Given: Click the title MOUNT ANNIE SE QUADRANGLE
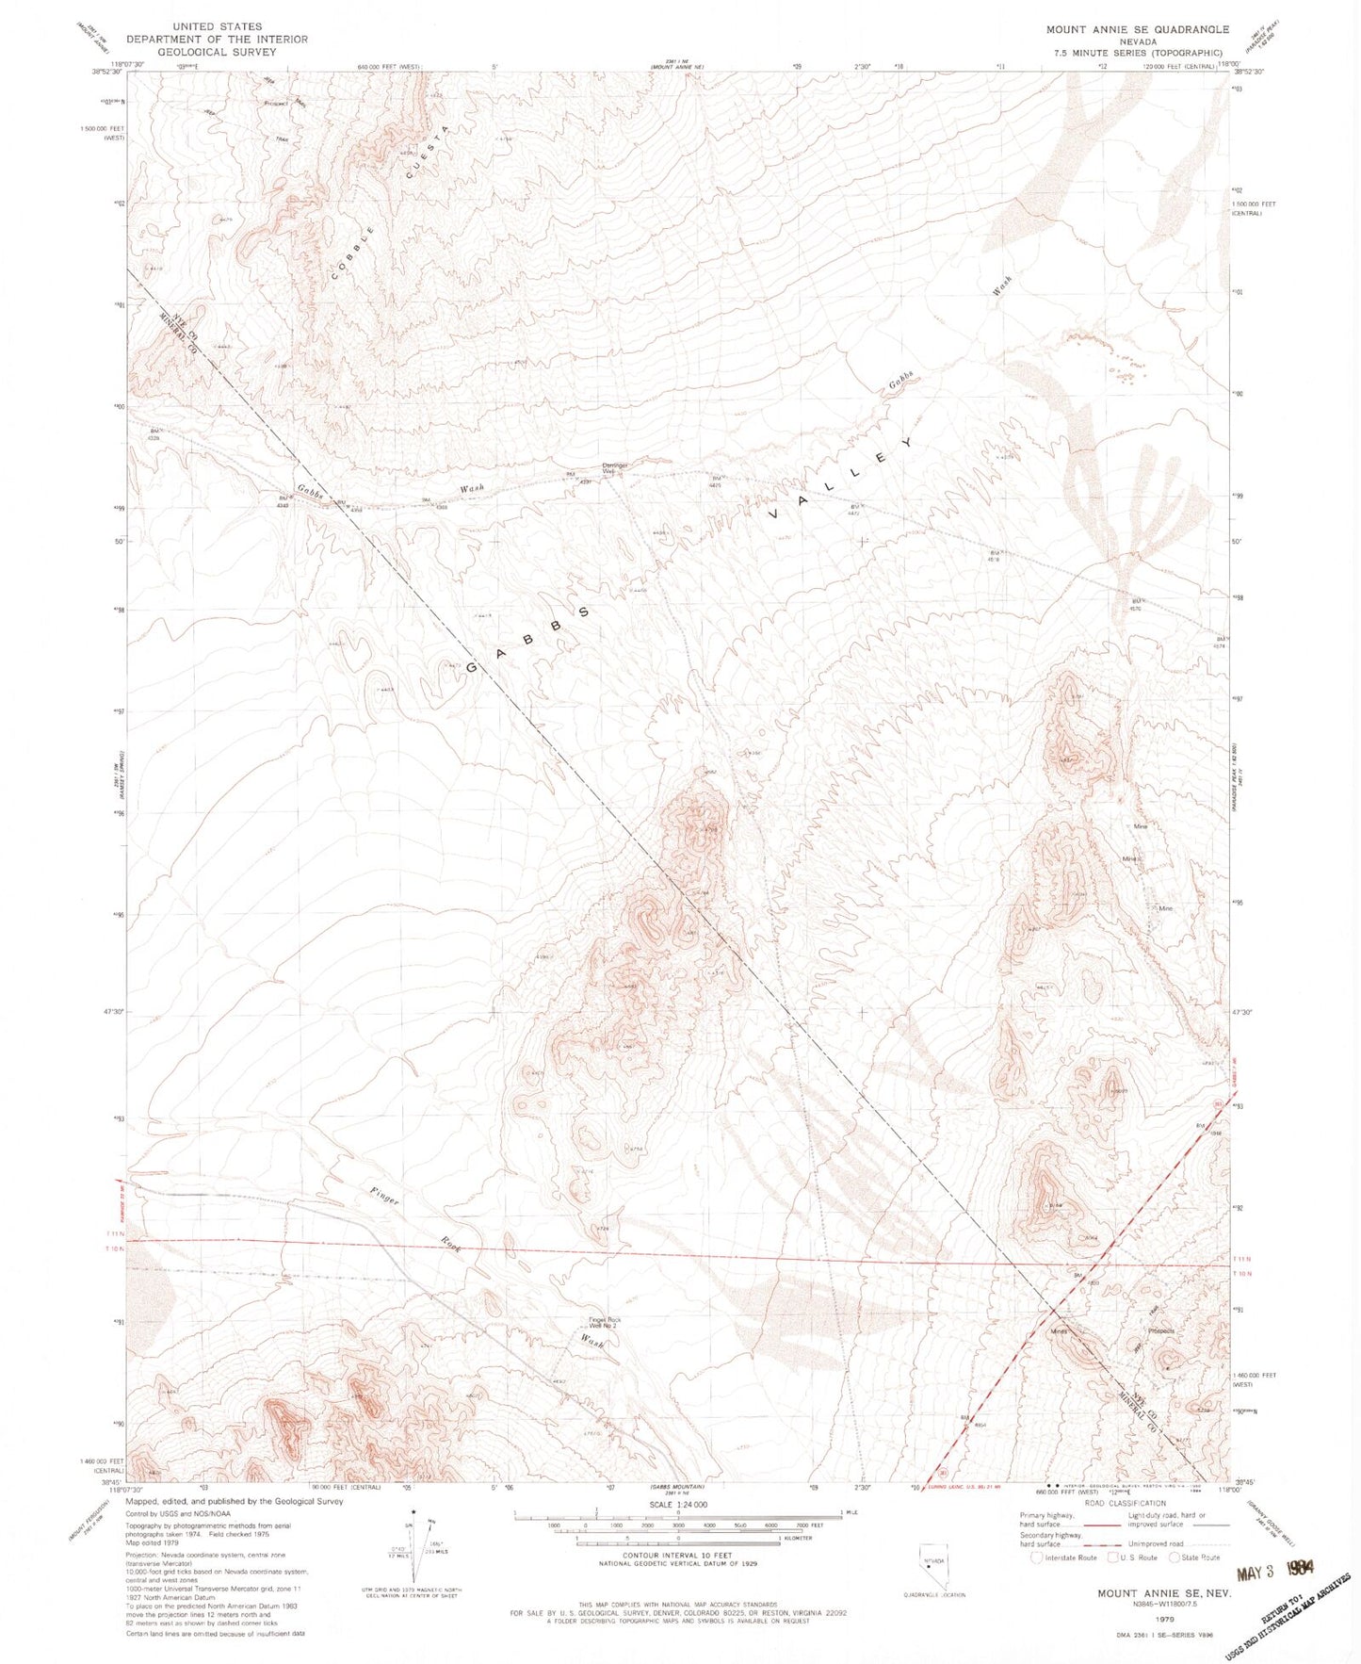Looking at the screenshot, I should pos(1137,29).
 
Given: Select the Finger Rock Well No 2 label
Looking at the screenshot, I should pos(604,1323).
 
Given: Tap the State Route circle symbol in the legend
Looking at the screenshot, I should pos(1175,1558).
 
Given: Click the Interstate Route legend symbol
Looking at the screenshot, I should pos(1038,1558).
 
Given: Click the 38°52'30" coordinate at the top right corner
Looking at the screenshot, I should pos(1249,71).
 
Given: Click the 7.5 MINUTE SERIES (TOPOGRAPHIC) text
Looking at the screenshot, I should pos(1137,53).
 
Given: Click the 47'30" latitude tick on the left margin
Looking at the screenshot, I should pos(112,1011).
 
